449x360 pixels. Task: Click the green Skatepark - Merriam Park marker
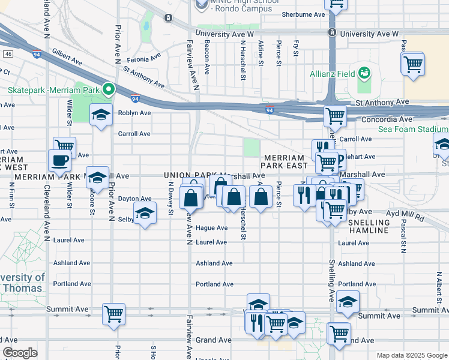[108, 90]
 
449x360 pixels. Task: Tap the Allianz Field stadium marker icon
[363, 73]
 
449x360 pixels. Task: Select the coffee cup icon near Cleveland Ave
[59, 161]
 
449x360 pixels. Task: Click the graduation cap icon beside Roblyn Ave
[100, 114]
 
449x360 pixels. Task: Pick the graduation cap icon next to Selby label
[144, 214]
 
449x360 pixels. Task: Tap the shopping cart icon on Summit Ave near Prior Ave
[113, 313]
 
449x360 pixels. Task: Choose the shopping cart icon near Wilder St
[64, 146]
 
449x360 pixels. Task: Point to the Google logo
[20, 353]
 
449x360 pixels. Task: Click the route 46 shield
[8, 54]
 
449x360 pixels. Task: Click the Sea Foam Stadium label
[413, 129]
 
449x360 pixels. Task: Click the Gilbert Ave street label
[67, 57]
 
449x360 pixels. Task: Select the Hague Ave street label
[211, 228]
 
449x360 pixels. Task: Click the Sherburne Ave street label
[303, 14]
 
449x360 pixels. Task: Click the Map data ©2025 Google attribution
[411, 355]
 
